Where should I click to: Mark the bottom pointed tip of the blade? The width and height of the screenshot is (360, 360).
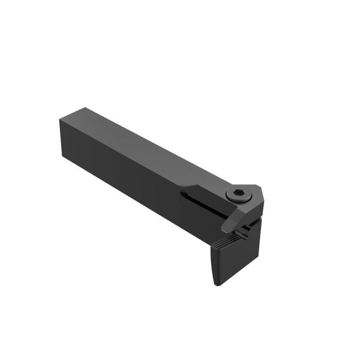(x=217, y=285)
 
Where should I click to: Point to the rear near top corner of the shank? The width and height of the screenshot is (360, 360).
(x=60, y=120)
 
